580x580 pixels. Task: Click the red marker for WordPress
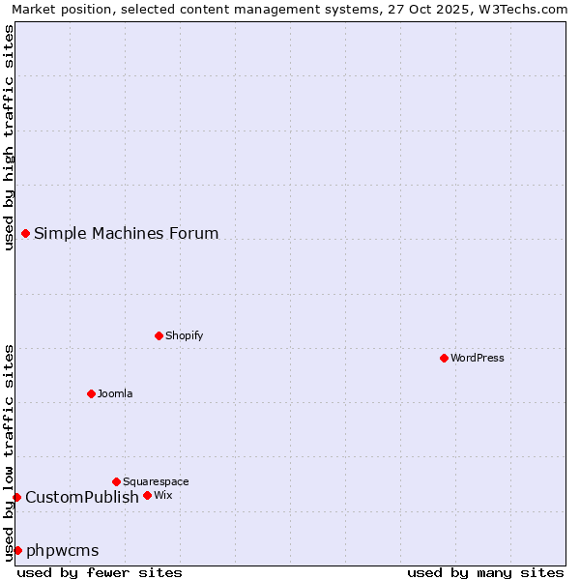click(x=444, y=358)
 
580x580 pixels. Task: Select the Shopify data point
click(x=159, y=335)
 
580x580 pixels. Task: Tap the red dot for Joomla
click(x=91, y=393)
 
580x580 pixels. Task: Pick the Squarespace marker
click(x=116, y=481)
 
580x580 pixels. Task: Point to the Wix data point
click(x=147, y=495)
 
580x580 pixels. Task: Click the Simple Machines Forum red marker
click(x=25, y=233)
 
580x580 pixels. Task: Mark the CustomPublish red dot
click(x=16, y=497)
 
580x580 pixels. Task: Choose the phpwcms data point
click(x=17, y=550)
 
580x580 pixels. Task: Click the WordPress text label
click(x=478, y=358)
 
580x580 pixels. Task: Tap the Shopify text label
click(x=185, y=335)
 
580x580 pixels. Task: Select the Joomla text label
click(x=115, y=393)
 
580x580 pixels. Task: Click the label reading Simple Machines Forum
click(x=127, y=233)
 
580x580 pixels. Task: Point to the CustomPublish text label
click(x=82, y=497)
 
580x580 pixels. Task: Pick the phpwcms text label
click(x=63, y=550)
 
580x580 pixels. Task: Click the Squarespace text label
click(x=156, y=481)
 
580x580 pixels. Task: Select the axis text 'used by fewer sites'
click(x=100, y=572)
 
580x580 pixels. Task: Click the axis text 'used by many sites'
click(x=485, y=572)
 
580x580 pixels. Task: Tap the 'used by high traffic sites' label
click(x=9, y=137)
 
